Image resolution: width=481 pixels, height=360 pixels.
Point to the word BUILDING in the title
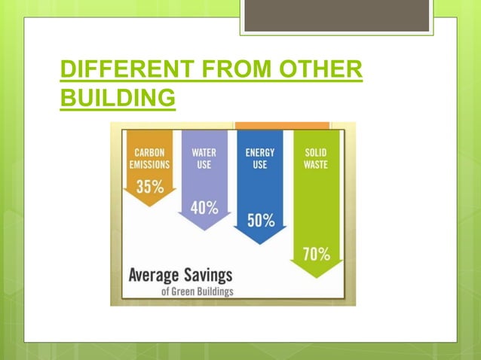coord(118,99)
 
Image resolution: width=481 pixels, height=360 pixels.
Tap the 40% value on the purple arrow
coord(204,207)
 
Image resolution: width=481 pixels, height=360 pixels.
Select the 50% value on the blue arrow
coord(261,221)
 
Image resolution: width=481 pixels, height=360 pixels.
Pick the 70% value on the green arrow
coord(317,254)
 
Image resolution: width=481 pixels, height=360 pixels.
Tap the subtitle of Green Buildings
coord(198,291)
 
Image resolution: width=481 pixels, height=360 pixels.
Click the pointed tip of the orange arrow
coord(149,205)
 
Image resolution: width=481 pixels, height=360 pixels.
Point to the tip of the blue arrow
coord(260,243)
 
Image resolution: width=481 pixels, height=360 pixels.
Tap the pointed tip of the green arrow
coord(317,276)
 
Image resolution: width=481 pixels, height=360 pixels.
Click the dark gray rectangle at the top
coord(336,15)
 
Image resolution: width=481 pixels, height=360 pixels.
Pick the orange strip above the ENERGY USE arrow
coord(282,125)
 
